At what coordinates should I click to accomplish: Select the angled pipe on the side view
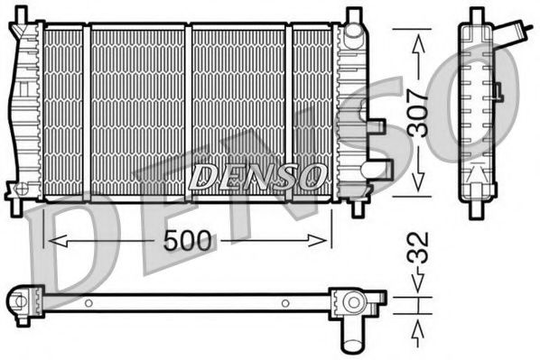click(518, 34)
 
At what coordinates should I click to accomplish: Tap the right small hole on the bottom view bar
click(285, 302)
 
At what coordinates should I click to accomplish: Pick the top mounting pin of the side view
click(477, 15)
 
